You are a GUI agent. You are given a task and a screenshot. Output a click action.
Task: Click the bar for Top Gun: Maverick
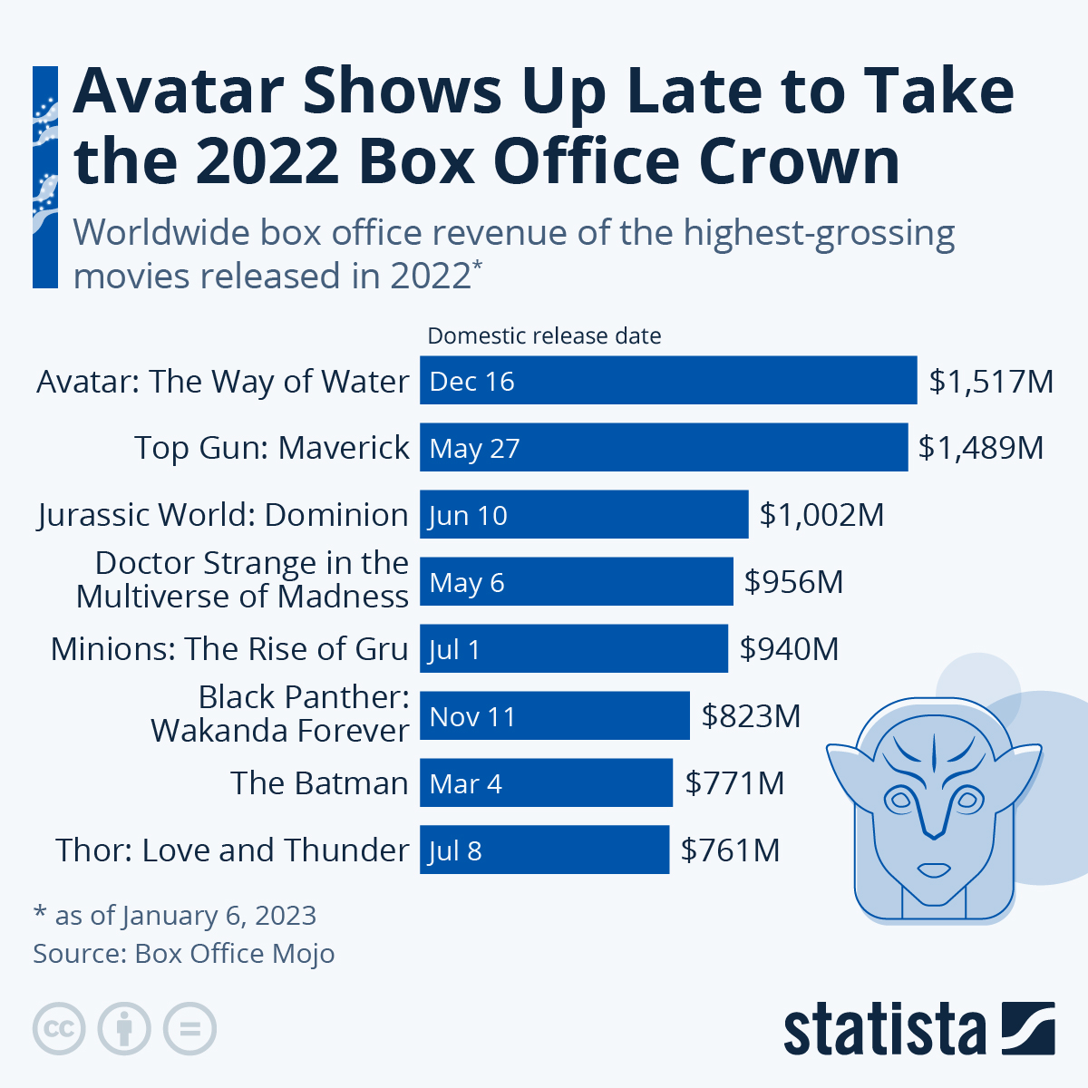(664, 447)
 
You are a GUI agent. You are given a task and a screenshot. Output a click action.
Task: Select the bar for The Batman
(546, 783)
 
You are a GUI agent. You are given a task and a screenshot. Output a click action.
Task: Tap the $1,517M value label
(991, 381)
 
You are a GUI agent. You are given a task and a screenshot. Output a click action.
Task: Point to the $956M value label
(793, 582)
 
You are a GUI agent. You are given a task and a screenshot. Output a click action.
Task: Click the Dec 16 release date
(471, 382)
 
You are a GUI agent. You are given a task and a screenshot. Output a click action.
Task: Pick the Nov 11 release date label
(472, 717)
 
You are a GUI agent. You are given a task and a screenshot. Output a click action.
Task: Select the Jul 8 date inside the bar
(455, 851)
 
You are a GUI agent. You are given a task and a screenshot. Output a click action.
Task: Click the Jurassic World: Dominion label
(223, 515)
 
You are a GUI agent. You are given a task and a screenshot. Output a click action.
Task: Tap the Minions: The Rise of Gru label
(229, 649)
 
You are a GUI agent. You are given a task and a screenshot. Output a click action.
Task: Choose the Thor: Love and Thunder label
(232, 850)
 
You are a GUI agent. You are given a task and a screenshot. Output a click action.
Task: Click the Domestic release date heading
(544, 336)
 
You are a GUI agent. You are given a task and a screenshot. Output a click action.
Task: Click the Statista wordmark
(884, 1030)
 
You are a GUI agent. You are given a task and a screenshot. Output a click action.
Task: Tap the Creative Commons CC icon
(59, 1029)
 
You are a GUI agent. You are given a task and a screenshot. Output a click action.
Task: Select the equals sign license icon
(189, 1029)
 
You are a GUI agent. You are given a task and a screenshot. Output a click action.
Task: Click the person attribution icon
(124, 1029)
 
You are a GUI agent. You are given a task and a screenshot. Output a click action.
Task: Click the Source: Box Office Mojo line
(184, 954)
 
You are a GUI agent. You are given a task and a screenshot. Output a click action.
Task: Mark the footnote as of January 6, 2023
(175, 916)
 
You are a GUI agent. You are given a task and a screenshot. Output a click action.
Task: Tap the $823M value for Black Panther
(751, 716)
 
